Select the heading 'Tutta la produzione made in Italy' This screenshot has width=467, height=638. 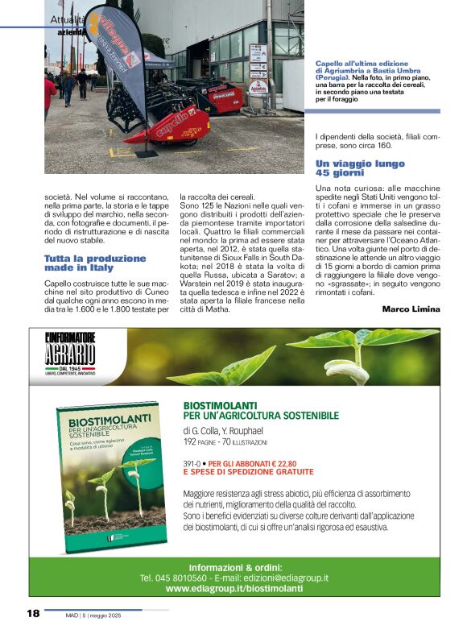[x=95, y=263]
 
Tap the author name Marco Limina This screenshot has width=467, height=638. [x=411, y=309]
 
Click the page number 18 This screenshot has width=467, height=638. [x=32, y=615]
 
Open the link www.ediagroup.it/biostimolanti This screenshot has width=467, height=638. [x=233, y=589]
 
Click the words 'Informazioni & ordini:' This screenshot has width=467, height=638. [x=233, y=565]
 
